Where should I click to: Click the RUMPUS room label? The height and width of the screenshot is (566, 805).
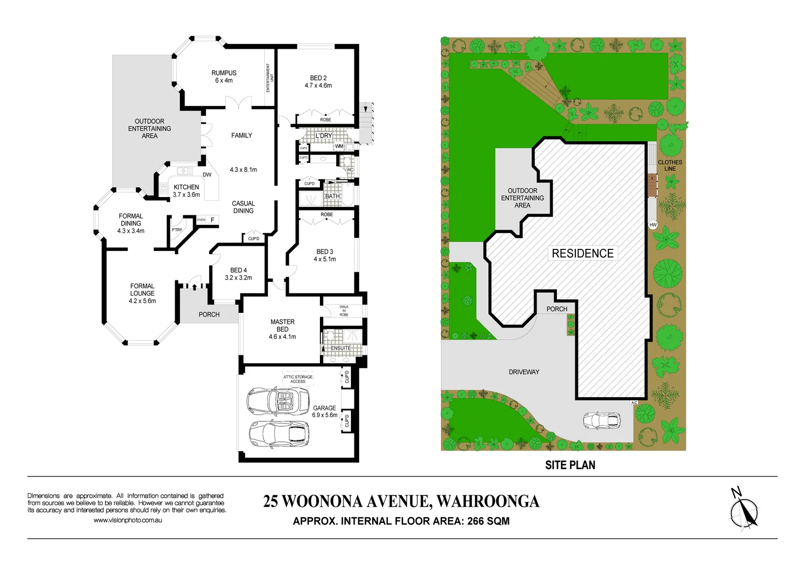coord(224,73)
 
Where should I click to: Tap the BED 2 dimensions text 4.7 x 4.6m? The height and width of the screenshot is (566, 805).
coord(318,85)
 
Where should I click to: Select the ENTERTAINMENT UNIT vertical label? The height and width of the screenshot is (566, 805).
coord(269,78)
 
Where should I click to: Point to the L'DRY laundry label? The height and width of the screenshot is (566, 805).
coord(324,136)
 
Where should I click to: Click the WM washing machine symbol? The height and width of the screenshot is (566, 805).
coord(339,146)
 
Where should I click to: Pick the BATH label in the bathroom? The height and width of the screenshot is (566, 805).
coord(332,197)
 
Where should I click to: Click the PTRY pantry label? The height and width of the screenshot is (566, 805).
coord(177,230)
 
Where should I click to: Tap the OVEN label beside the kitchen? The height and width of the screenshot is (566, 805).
coord(201,220)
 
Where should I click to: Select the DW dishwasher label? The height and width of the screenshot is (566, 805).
coord(207,175)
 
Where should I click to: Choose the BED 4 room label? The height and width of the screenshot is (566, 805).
coord(238,270)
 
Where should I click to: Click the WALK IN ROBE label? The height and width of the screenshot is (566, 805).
coord(344,311)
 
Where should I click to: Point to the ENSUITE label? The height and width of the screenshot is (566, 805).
coord(341,348)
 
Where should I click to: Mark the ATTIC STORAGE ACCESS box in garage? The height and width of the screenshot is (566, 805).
coord(298,379)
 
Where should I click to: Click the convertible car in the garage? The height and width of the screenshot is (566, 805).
coord(278,401)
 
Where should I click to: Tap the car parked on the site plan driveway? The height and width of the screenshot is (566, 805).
coord(602,420)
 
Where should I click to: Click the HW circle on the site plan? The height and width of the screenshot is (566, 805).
coord(653,225)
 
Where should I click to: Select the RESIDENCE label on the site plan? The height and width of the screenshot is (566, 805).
coord(583,254)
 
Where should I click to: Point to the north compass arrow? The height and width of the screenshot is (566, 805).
coord(744,510)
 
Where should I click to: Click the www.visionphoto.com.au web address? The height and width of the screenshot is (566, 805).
coord(127,520)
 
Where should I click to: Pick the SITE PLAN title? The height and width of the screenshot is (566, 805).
coord(570,465)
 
